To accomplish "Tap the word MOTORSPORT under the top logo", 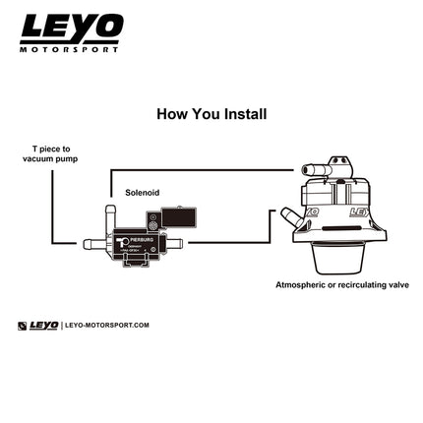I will pyautogui.click(x=70, y=48).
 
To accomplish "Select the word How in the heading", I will pyautogui.click(x=173, y=114).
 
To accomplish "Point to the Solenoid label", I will pyautogui.click(x=142, y=193).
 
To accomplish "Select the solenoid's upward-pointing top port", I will pyautogui.click(x=111, y=211).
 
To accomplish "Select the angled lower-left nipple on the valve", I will pyautogui.click(x=289, y=217).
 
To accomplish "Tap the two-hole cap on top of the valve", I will pyautogui.click(x=339, y=163).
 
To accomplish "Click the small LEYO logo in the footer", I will pyautogui.click(x=39, y=326).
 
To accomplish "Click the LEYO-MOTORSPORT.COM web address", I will pyautogui.click(x=106, y=326).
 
